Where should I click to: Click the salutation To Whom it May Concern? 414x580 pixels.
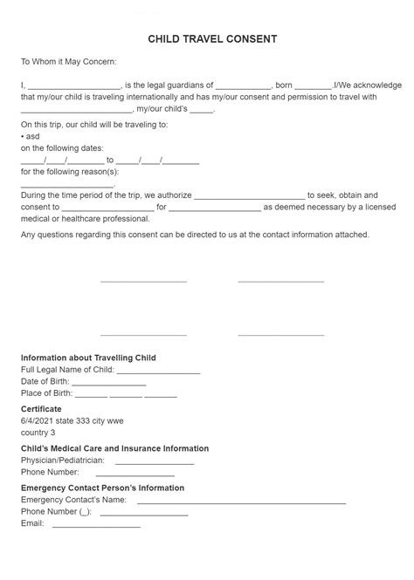point(68,62)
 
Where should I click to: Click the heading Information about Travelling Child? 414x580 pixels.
point(88,358)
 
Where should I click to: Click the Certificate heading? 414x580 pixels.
point(41,409)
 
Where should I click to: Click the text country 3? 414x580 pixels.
point(38,433)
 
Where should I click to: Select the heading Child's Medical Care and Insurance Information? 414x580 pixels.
point(114,448)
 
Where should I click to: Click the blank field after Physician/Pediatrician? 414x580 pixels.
point(154,462)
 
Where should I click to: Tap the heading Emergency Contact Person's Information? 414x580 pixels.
point(102,488)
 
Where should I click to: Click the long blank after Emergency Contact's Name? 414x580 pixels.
point(241,502)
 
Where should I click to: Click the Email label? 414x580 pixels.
point(31,523)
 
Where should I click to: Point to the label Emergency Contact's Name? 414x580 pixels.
point(73,500)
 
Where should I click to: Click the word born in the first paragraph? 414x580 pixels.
point(284,85)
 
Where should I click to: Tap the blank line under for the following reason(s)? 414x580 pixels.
point(67,186)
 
